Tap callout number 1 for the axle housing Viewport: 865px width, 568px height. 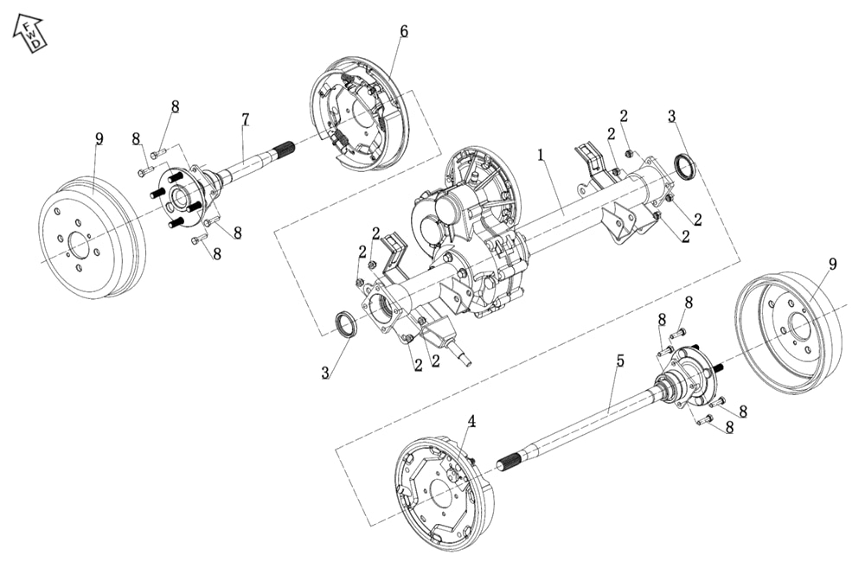pos(541,156)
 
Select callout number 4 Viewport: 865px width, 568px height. pos(471,421)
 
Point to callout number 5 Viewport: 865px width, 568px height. pos(619,361)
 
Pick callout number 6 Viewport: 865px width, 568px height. pos(403,32)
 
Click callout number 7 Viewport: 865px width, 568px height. pos(246,119)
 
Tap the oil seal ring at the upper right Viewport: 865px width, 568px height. pos(683,168)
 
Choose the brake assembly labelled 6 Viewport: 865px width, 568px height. pos(355,112)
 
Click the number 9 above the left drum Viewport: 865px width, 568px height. pos(99,138)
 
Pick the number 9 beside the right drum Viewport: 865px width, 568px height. pos(832,264)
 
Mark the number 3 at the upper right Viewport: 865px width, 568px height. pos(671,116)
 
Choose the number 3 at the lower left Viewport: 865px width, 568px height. pos(325,373)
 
